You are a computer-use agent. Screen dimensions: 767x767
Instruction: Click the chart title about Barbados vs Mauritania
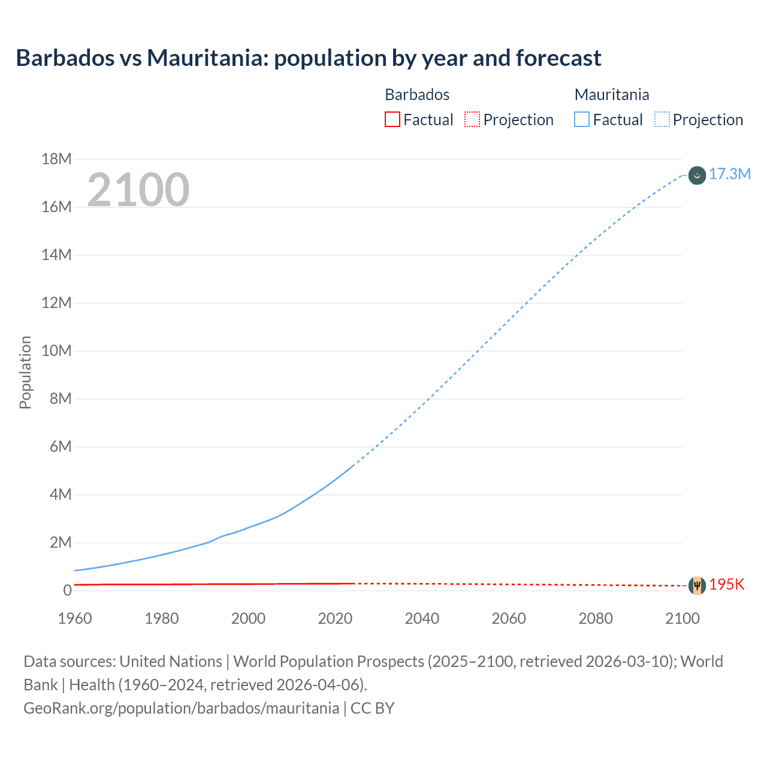(x=308, y=58)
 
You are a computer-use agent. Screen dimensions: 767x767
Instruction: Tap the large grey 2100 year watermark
(x=138, y=190)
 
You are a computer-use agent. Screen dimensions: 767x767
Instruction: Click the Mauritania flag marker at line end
(x=697, y=176)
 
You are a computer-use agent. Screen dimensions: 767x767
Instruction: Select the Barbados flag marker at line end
(x=697, y=585)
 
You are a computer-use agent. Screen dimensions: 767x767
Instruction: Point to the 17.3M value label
(x=729, y=174)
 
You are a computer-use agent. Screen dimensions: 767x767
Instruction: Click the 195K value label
(x=726, y=585)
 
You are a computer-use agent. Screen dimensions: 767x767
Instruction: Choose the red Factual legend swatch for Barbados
(x=392, y=120)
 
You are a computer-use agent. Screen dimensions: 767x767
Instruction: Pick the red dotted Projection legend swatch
(x=472, y=120)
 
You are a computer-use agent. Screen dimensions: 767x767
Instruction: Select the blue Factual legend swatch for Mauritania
(x=582, y=120)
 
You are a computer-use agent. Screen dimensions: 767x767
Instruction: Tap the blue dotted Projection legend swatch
(x=662, y=120)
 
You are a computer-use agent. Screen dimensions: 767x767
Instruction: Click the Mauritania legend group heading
(x=611, y=95)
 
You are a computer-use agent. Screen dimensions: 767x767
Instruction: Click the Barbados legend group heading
(x=417, y=95)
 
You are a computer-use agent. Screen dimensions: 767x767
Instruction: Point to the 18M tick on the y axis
(x=56, y=159)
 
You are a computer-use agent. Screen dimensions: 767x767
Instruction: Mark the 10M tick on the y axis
(x=56, y=351)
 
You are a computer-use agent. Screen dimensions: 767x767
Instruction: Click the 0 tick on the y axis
(x=67, y=591)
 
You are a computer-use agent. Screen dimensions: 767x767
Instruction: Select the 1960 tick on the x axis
(x=75, y=618)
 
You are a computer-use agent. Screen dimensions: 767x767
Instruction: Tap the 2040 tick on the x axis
(x=422, y=618)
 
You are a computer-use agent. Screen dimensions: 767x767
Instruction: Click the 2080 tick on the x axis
(x=596, y=618)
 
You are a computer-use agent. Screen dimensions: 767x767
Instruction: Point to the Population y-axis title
(x=25, y=373)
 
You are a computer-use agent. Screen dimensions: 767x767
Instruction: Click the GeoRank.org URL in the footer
(x=181, y=708)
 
